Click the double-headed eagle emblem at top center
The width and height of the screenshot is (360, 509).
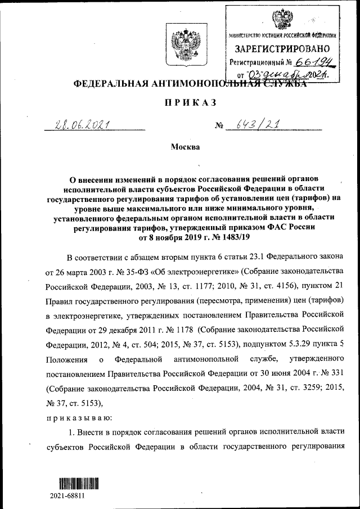pyautogui.click(x=186, y=43)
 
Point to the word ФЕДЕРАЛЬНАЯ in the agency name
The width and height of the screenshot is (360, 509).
pyautogui.click(x=108, y=84)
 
